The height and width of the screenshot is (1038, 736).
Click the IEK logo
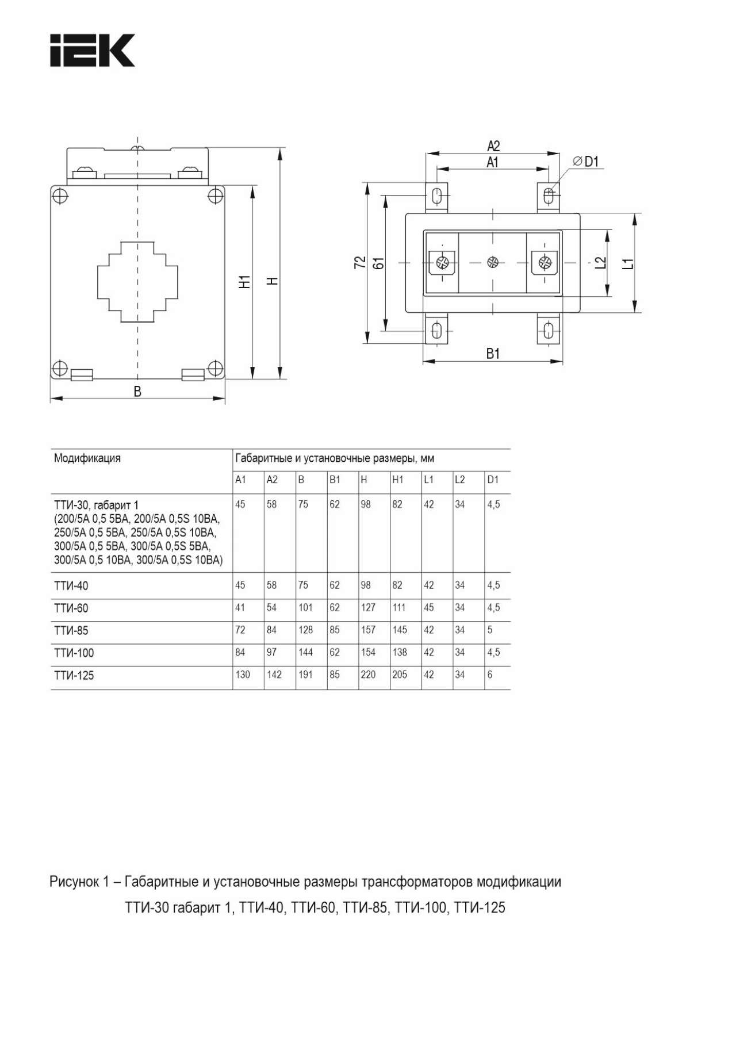92,51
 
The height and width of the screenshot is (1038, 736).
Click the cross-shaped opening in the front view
137,282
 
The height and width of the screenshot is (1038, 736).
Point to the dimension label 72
360,262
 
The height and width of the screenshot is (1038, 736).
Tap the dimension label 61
378,263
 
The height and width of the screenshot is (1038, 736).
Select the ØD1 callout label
586,162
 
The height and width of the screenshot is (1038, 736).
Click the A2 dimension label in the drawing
493,146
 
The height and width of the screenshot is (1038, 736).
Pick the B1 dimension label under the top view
493,354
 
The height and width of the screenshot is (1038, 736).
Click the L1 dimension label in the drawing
629,263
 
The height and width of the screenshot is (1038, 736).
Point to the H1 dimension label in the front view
245,282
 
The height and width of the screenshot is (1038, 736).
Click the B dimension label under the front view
137,392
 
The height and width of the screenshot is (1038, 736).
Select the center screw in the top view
492,262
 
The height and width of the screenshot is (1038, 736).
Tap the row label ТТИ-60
71,608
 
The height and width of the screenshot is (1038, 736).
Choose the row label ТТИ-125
74,676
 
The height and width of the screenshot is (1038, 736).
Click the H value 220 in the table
368,675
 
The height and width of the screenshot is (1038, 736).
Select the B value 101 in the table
305,607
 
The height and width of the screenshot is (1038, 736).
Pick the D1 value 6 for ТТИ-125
490,675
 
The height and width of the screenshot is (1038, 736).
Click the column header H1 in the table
398,480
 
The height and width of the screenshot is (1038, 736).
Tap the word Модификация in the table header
87,458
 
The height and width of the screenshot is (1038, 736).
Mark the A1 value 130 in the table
243,675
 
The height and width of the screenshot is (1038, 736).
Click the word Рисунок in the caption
74,882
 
